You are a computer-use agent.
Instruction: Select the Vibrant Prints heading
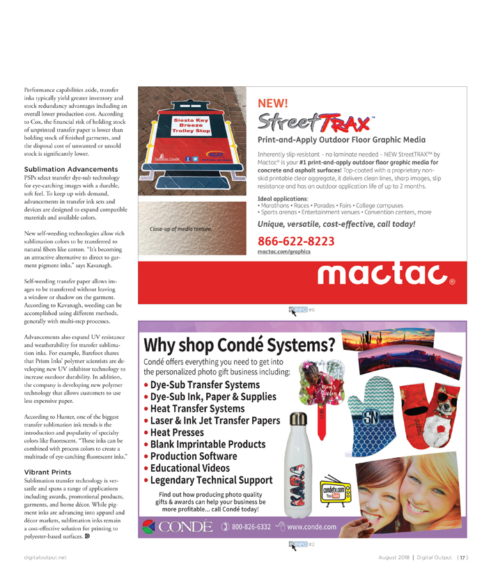[48, 472]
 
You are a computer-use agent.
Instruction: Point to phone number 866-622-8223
[296, 241]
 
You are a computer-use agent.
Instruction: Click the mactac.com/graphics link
[284, 252]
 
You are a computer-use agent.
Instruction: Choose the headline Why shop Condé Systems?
[239, 344]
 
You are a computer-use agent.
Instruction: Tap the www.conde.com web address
[312, 527]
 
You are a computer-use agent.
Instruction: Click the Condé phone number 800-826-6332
[251, 527]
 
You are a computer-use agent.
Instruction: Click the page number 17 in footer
[462, 557]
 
